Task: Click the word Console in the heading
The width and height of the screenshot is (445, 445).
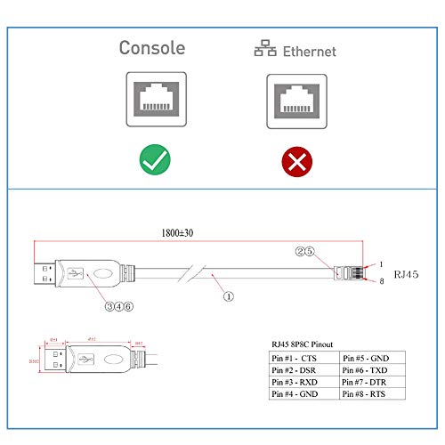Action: [152, 48]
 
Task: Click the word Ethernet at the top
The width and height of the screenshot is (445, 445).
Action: [310, 52]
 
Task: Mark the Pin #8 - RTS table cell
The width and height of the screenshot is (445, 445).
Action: [372, 392]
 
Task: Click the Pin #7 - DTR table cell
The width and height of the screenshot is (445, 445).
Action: [372, 380]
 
